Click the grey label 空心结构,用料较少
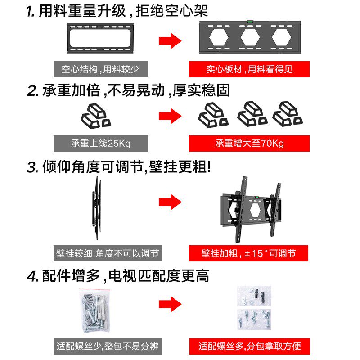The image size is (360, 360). [100, 70]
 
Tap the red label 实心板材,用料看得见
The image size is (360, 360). [249, 69]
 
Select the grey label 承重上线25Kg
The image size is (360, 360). [100, 144]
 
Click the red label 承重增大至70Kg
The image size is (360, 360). [249, 144]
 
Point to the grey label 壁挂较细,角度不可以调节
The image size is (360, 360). [108, 253]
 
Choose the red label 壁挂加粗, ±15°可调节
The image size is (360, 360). [249, 253]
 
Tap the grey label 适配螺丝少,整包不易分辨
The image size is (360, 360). [108, 347]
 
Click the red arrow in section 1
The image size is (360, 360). [170, 40]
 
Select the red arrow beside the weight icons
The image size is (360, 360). [170, 116]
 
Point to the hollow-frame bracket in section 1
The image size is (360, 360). [100, 37]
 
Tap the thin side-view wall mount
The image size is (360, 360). [96, 207]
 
